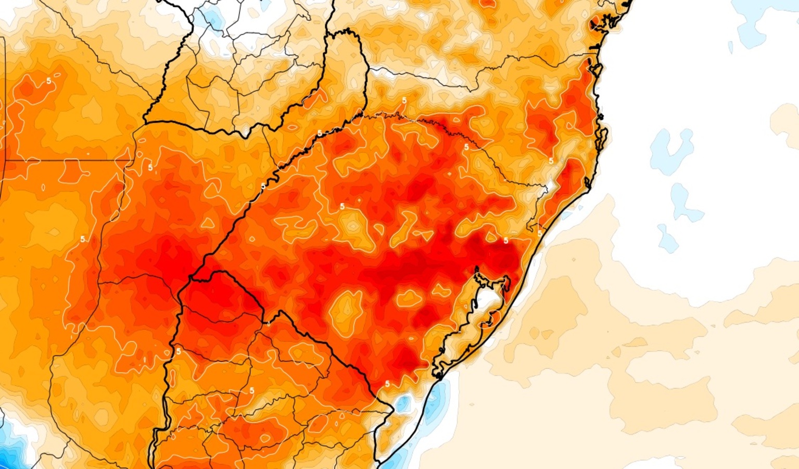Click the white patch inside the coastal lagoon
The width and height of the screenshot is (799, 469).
[488, 300]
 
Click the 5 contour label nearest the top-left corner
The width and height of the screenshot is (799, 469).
[48, 81]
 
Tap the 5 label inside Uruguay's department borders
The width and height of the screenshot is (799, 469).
[252, 390]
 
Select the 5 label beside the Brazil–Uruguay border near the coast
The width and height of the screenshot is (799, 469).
[387, 384]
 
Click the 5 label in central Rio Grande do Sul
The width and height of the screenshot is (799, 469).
[342, 207]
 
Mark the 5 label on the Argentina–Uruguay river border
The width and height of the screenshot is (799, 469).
[179, 351]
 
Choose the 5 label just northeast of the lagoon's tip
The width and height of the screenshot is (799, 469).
[506, 240]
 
